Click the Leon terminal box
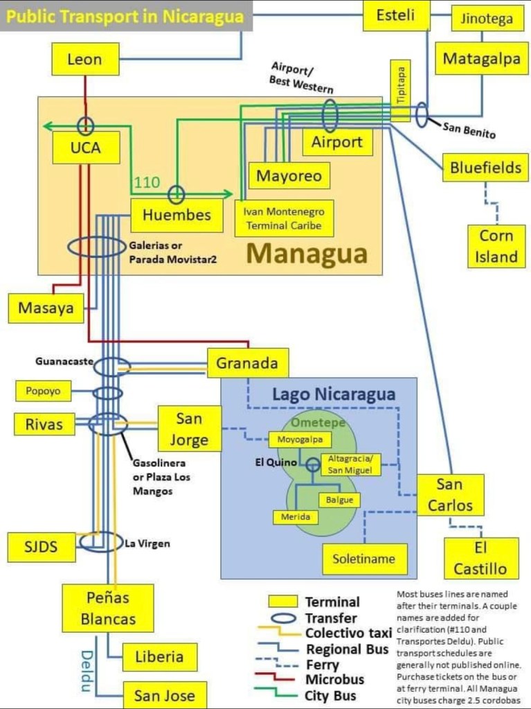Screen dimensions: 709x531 click(x=85, y=60)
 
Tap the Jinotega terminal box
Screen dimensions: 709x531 click(x=487, y=19)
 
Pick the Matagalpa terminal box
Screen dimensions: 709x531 click(x=481, y=59)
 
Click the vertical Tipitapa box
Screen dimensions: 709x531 click(x=401, y=91)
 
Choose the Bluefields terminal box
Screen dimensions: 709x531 click(x=486, y=167)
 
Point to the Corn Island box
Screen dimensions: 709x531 click(x=496, y=246)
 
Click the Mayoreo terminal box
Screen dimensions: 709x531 click(x=289, y=175)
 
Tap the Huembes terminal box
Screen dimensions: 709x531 click(x=177, y=215)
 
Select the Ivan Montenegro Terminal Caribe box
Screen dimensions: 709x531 click(x=284, y=218)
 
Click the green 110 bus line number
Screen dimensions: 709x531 click(x=146, y=183)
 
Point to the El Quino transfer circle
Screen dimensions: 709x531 click(x=313, y=464)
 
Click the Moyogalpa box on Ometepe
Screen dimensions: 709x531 click(x=300, y=439)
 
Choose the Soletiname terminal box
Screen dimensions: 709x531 click(x=364, y=559)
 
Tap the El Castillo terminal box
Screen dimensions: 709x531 click(x=480, y=559)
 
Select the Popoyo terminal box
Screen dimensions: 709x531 click(x=44, y=391)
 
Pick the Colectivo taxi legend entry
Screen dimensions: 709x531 click(x=348, y=633)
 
